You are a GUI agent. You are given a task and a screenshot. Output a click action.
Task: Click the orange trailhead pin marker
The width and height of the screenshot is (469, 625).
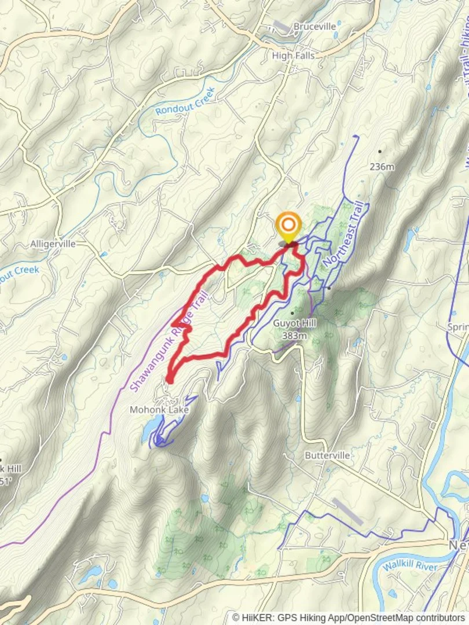tap(288, 226)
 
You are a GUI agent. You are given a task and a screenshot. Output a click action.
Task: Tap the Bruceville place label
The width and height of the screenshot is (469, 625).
tap(314, 26)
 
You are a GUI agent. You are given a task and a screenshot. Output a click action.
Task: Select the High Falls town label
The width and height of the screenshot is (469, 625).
tap(293, 56)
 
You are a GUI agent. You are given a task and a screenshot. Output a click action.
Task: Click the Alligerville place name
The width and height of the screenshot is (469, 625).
tap(53, 244)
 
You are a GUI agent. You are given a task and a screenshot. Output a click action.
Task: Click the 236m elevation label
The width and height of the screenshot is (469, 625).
tap(382, 167)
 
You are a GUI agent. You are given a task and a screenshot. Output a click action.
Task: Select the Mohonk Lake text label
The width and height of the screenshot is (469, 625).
tap(158, 410)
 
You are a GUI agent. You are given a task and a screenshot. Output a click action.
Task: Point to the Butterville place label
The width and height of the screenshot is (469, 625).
tap(327, 455)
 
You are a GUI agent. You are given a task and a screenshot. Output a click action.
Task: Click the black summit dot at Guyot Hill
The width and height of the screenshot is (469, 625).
tap(292, 313)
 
